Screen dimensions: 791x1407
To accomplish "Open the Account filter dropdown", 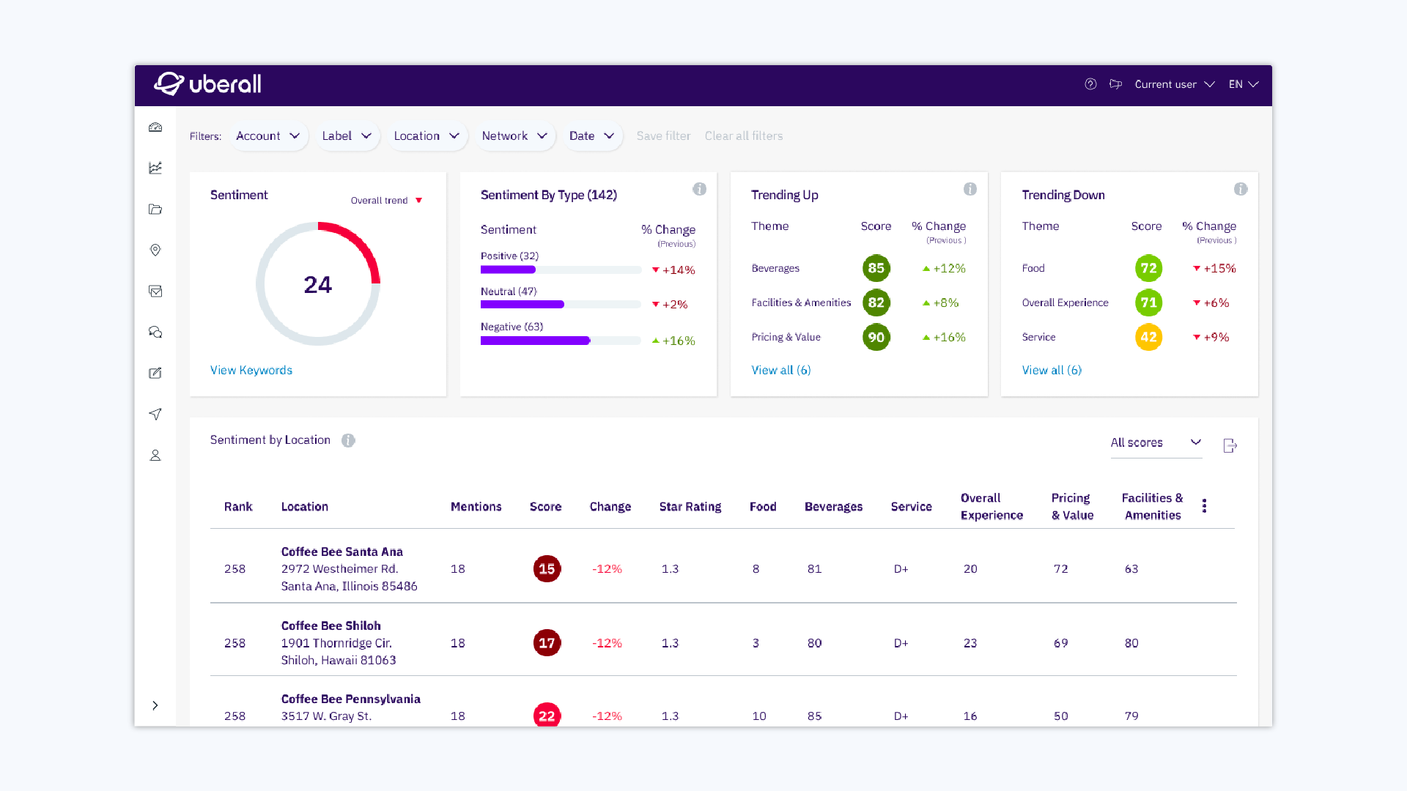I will (267, 136).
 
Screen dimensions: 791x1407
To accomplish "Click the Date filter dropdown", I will (591, 136).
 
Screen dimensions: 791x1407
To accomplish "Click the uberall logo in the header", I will (208, 84).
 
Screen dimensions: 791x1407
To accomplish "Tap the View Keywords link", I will (251, 371).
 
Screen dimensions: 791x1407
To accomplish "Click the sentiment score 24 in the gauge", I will (317, 284).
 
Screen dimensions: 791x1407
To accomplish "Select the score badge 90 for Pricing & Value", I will (876, 338).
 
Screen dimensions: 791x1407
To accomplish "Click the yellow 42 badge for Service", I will (1148, 338).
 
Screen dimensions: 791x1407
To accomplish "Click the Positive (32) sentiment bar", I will (508, 270).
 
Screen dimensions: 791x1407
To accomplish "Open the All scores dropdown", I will (1156, 443).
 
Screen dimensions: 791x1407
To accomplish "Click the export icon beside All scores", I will (1230, 446).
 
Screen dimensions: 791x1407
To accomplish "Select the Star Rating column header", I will (690, 507).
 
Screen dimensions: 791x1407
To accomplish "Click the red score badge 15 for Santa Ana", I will (547, 569).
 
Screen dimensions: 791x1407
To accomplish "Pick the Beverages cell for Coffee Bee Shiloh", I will (814, 643).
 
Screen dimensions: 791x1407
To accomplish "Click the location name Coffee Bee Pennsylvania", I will (350, 699).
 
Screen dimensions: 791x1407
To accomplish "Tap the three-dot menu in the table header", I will (1204, 506).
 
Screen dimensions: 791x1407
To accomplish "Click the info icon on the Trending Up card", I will (970, 190).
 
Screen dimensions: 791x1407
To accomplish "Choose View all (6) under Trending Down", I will (1052, 371).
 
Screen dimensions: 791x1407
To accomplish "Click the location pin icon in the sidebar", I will (155, 250).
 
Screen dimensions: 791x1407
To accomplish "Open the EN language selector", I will (1243, 84).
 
